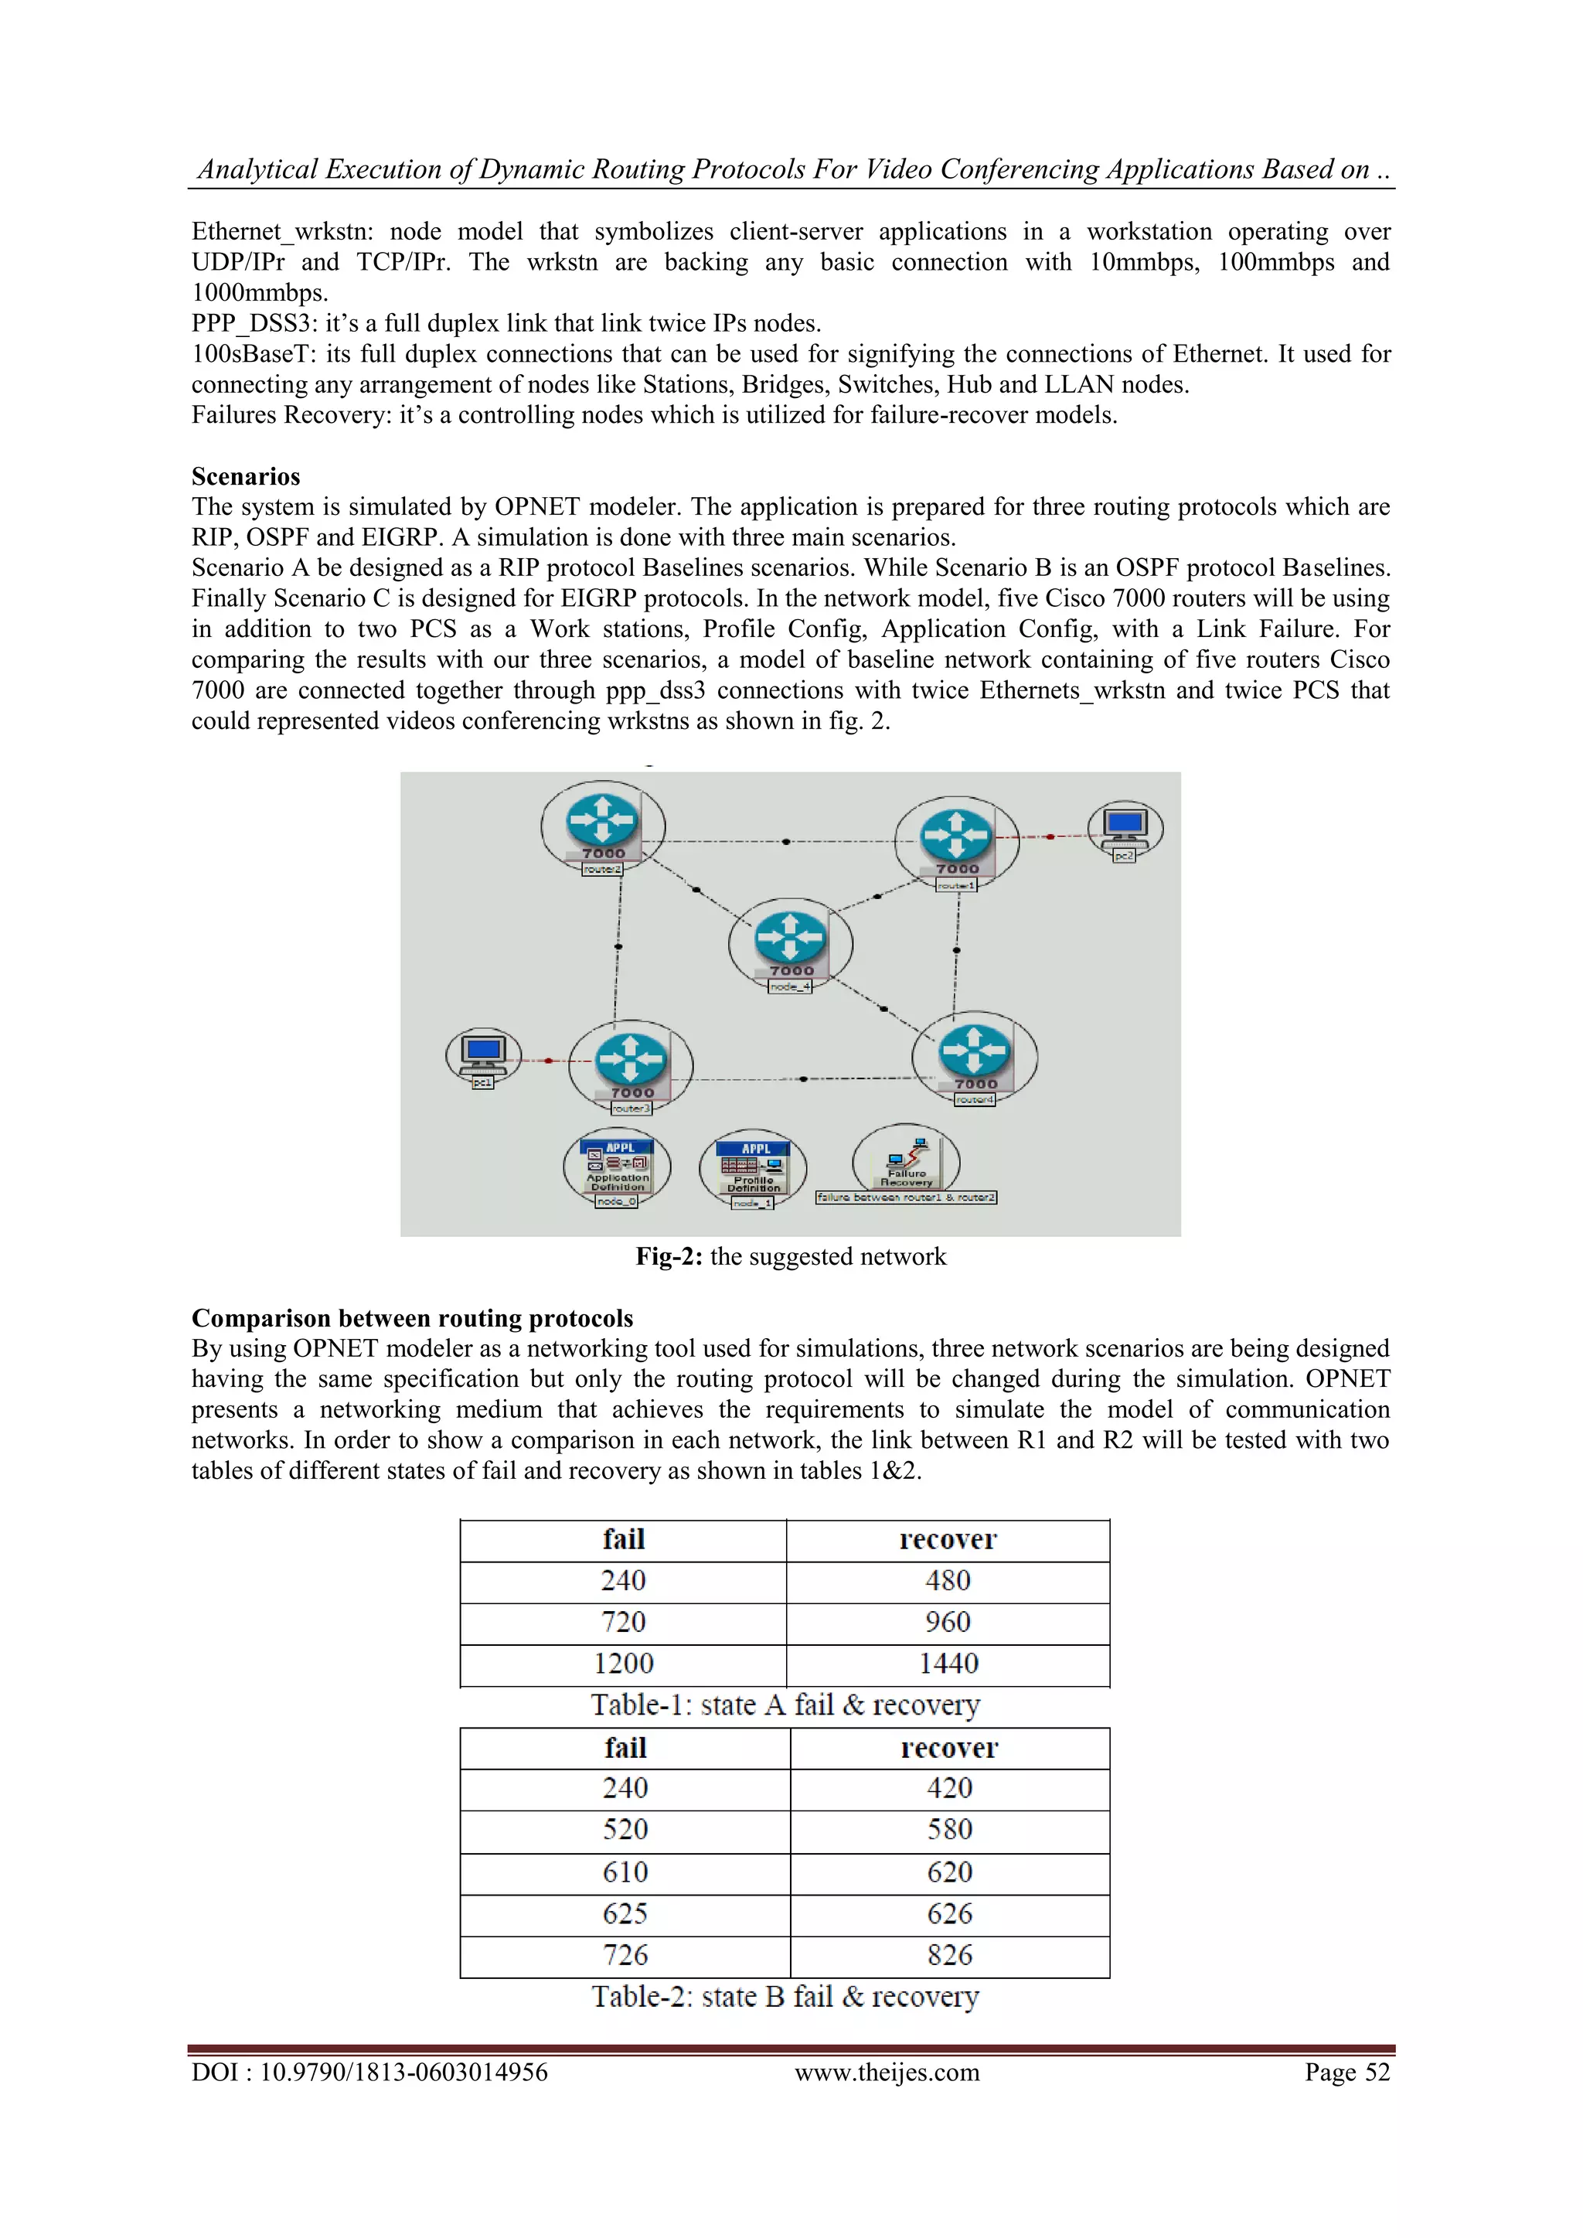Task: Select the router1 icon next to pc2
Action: [x=956, y=837]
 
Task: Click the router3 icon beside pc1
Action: [x=631, y=1061]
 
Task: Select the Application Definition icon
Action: [x=617, y=1166]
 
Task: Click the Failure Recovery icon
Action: [x=907, y=1161]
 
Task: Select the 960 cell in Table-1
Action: [x=948, y=1623]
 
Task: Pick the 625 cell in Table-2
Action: [x=625, y=1914]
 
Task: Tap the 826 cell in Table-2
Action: [x=949, y=1955]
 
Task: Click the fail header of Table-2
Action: [x=625, y=1749]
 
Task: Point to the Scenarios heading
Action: [x=246, y=477]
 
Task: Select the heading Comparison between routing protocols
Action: [x=411, y=1318]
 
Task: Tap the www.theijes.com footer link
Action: [x=887, y=2073]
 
